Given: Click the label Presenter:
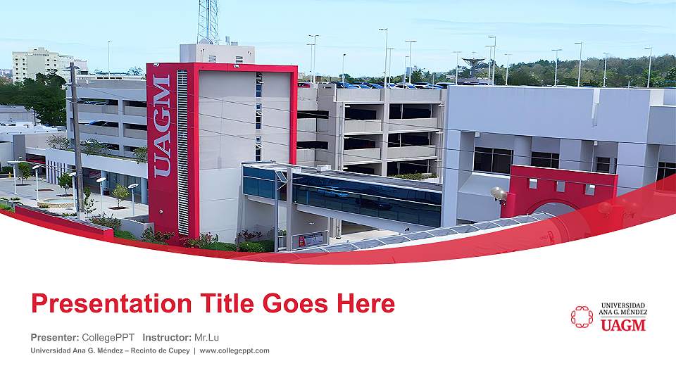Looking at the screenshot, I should pos(55,337).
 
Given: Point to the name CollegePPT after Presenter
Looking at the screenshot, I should pos(108,337).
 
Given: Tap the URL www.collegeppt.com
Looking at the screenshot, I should pos(234,350).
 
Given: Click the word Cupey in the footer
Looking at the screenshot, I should pos(175,350).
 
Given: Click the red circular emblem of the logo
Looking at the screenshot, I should pos(582,317).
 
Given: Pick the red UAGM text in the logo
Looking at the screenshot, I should pos(622,324).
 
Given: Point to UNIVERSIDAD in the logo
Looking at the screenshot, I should pos(623,305).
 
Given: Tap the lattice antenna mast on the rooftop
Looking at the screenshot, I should pos(208,21).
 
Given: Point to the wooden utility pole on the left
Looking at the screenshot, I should pos(76,141).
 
